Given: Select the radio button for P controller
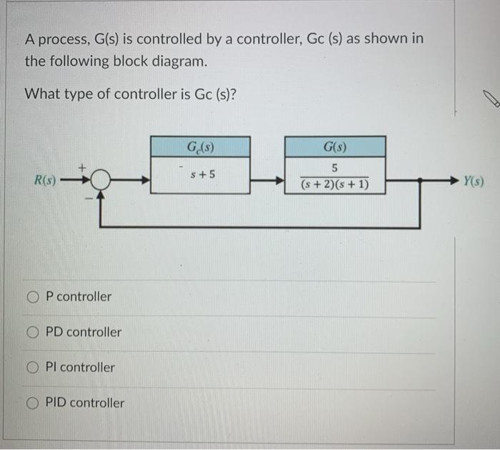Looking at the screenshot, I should [33, 296].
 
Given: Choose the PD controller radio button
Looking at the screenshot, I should [33, 332].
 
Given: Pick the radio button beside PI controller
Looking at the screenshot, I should [33, 367].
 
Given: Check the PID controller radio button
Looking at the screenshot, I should [33, 403].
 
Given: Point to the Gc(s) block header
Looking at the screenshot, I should [200, 148].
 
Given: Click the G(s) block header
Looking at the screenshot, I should [335, 148].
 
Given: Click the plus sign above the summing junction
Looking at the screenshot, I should [82, 166].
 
